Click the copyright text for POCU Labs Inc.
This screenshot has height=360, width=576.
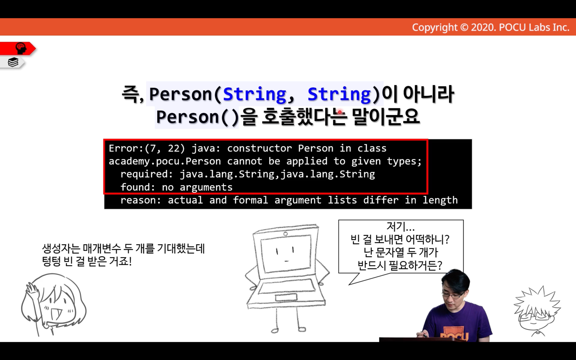pos(491,27)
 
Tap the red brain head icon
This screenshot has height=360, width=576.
pos(21,48)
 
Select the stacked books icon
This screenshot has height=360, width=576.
pos(13,62)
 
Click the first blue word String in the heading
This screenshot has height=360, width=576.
pos(254,94)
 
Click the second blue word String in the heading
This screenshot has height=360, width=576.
pos(339,94)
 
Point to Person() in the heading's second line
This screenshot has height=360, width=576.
pos(197,117)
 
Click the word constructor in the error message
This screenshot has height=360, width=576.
pos(259,148)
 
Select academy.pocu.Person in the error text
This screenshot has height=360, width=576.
pos(165,162)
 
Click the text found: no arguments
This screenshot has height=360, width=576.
pos(176,187)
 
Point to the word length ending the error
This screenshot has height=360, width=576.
pos(440,200)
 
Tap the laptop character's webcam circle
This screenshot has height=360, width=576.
pos(285,234)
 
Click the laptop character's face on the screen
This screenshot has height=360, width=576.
pos(285,254)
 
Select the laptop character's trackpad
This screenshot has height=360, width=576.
pos(286,298)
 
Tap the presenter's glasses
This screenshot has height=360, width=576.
pos(454,295)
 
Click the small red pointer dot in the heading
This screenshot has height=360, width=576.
pos(340,112)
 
